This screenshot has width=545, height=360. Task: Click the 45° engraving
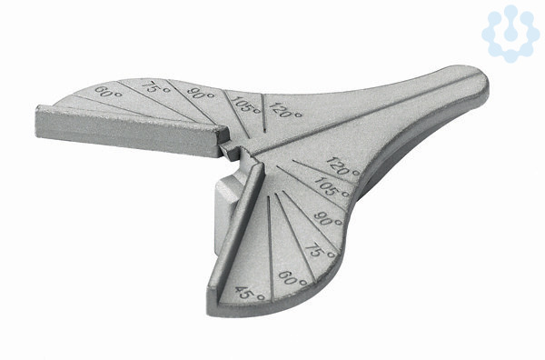pos(250,294)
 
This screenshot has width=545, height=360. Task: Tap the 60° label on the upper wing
pos(108,93)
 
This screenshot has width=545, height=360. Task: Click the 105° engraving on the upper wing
pos(246,105)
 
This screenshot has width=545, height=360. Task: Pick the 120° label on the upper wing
pos(285,110)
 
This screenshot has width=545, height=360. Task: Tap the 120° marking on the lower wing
pos(343,166)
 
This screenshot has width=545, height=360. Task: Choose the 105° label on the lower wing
pos(332,187)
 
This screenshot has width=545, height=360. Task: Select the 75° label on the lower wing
pos(320,250)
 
